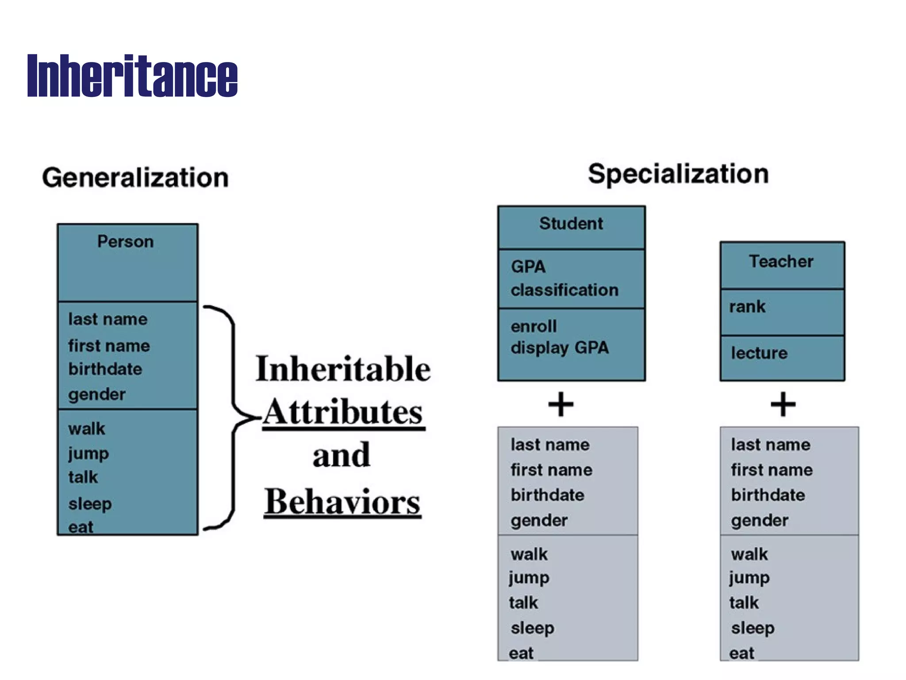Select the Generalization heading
[x=135, y=178]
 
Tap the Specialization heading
[x=678, y=174]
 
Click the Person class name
[x=126, y=242]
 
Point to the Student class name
[x=571, y=224]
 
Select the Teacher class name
[x=781, y=262]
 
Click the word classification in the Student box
[x=564, y=290]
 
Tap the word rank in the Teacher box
[x=747, y=307]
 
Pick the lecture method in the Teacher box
[x=759, y=353]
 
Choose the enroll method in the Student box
[x=534, y=327]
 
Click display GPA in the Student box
[x=560, y=348]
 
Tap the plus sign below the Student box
[x=561, y=404]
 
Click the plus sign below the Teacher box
[x=783, y=404]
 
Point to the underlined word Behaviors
[x=342, y=502]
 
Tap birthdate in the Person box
[x=105, y=369]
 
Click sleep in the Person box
[x=90, y=504]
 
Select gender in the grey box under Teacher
[x=760, y=521]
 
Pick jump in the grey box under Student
[x=529, y=578]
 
